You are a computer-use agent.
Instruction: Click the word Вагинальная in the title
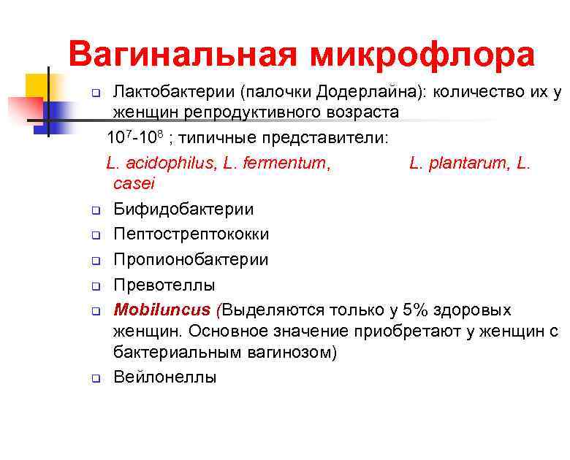(183, 55)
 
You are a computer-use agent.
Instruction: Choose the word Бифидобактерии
(183, 209)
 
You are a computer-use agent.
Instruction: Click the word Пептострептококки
(191, 234)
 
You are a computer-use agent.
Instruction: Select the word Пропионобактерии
(191, 259)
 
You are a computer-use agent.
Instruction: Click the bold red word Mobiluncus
(163, 310)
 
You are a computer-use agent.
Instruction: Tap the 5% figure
(408, 310)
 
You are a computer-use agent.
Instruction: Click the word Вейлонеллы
(165, 377)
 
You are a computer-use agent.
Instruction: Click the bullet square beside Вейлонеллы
(96, 378)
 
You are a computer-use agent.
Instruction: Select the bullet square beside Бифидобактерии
(96, 210)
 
